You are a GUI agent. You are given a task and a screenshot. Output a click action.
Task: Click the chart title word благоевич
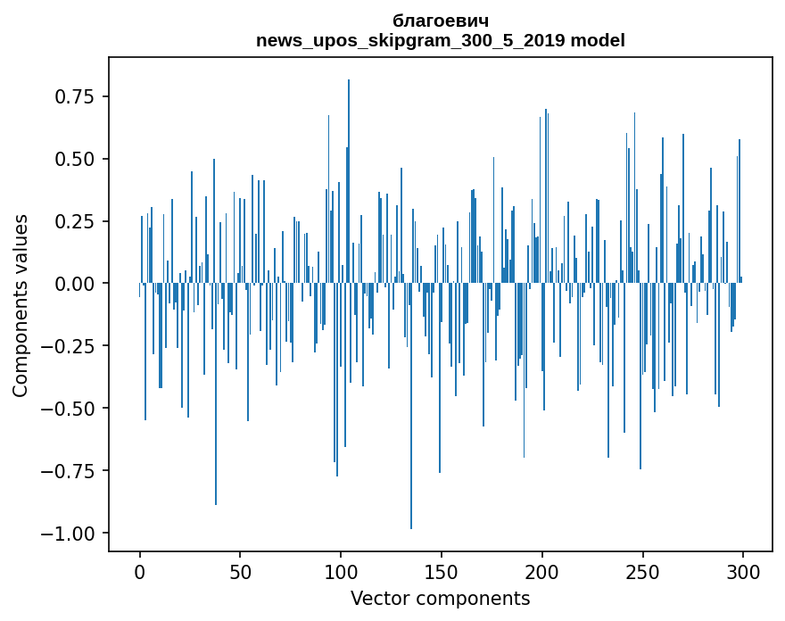[x=440, y=21]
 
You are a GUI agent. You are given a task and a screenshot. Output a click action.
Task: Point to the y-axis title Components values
[x=21, y=305]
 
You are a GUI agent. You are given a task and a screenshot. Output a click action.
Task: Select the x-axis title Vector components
[x=440, y=599]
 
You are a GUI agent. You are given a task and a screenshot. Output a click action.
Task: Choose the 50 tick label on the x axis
[x=240, y=573]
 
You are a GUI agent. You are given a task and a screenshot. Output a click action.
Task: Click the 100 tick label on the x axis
[x=341, y=573]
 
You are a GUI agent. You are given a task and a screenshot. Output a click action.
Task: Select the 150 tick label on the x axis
[x=442, y=573]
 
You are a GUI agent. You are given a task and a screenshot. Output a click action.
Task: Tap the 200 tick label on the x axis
[x=542, y=573]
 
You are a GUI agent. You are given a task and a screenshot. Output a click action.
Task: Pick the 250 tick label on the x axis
[x=642, y=573]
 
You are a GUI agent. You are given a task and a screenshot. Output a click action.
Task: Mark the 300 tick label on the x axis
[x=743, y=573]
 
